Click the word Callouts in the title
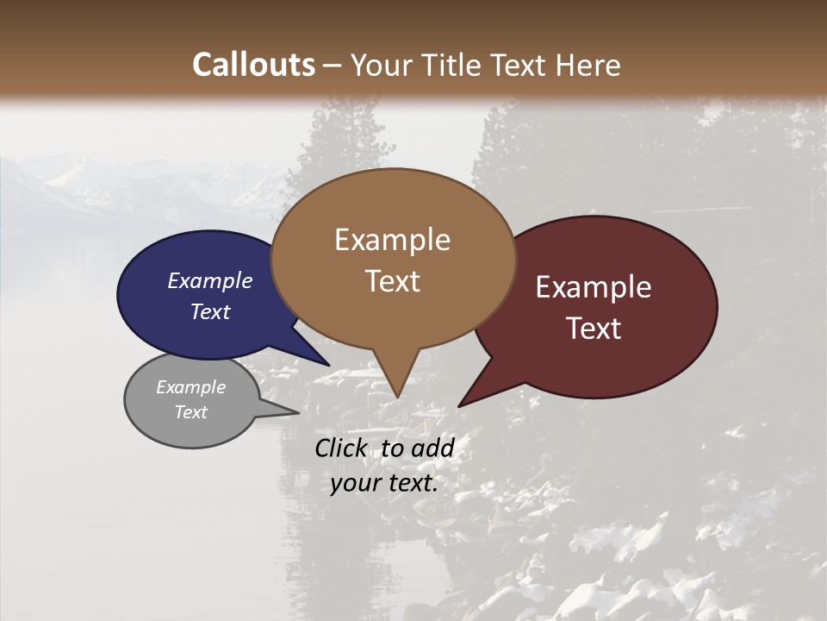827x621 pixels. pyautogui.click(x=253, y=65)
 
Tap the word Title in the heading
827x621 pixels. pyautogui.click(x=453, y=65)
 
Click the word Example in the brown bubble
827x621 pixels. pyautogui.click(x=392, y=240)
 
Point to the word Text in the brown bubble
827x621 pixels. pyautogui.click(x=392, y=281)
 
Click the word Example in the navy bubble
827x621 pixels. pyautogui.click(x=210, y=280)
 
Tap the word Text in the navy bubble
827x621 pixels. pyautogui.click(x=210, y=311)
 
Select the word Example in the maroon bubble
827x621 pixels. pyautogui.click(x=594, y=287)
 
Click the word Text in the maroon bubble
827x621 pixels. pyautogui.click(x=594, y=329)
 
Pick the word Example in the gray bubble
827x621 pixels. pyautogui.click(x=190, y=387)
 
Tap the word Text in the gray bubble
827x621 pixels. pyautogui.click(x=190, y=412)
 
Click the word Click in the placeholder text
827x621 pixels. pyautogui.click(x=340, y=448)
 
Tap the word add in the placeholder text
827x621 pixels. pyautogui.click(x=432, y=448)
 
